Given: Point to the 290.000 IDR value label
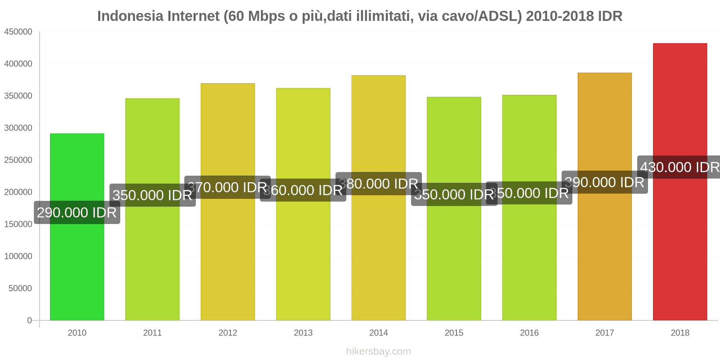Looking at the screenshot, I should coord(77,212).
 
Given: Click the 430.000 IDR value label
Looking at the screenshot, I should coord(680,167).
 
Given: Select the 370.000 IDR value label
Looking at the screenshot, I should coord(228,187).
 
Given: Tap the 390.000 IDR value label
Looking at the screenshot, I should coord(604,182).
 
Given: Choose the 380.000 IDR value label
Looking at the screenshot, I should coord(378,184).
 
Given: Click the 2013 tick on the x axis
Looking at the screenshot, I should coord(303,333).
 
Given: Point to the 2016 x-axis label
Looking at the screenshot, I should coord(529,333).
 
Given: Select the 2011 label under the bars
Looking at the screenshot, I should coord(152,333).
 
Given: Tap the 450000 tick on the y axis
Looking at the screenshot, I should coord(18,32).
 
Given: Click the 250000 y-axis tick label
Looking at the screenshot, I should coord(18,160).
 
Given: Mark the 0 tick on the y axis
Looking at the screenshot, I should coord(29,320).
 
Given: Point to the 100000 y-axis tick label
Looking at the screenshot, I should coord(18,256).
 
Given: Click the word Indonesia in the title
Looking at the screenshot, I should coord(130,16).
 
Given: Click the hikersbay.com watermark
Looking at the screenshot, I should coord(378,351).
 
